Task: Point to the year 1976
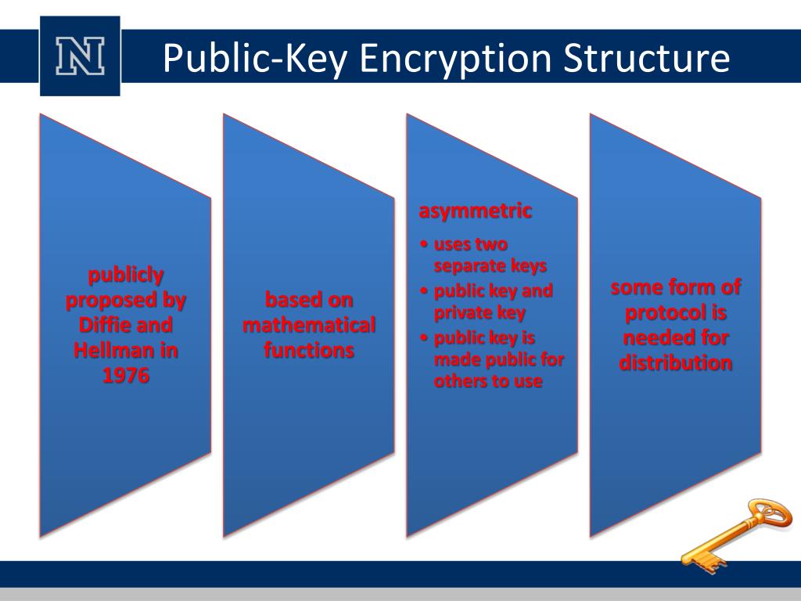(x=125, y=376)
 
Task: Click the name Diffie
(x=106, y=325)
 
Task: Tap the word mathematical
(x=309, y=325)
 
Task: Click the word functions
(x=309, y=351)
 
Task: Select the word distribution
(x=676, y=363)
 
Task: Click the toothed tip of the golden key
(x=691, y=560)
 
